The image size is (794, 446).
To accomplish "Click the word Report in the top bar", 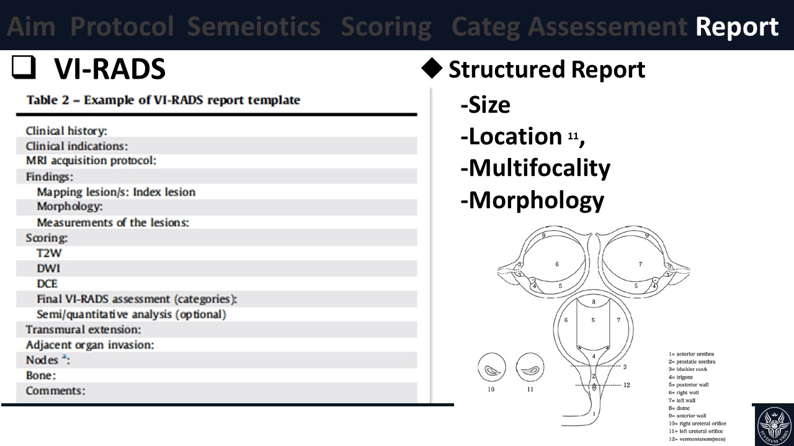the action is [737, 27].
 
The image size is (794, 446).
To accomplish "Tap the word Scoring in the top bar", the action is [386, 27].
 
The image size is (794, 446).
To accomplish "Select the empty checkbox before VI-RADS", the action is [22, 69].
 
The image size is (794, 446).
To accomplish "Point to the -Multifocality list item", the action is [535, 168].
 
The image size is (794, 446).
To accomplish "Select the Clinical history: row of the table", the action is [66, 131].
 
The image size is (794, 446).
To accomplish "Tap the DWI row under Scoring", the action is [48, 269].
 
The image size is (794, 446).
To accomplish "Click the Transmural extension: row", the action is [83, 330].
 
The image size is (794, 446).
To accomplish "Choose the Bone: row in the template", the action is [41, 375].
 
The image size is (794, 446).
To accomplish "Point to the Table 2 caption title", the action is [163, 100].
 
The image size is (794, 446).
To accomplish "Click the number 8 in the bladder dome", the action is [593, 302].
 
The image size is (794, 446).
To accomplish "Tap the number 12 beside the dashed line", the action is [627, 385].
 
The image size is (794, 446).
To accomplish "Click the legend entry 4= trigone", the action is [680, 377].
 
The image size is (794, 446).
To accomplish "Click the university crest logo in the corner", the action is [773, 425].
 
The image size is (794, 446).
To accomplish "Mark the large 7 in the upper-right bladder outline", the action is [640, 265].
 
